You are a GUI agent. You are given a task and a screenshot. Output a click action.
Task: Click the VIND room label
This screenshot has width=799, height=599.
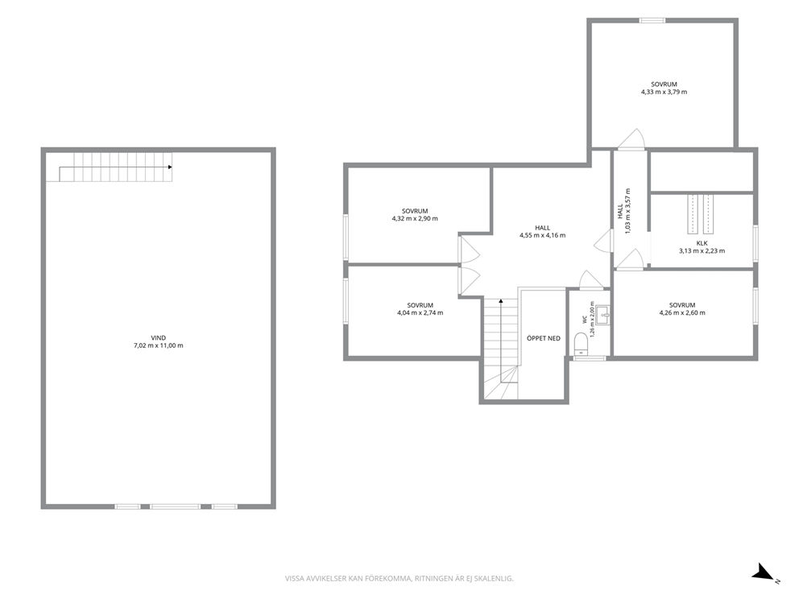pyautogui.click(x=159, y=337)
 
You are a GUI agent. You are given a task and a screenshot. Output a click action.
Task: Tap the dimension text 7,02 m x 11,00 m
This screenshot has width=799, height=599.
pyautogui.click(x=159, y=345)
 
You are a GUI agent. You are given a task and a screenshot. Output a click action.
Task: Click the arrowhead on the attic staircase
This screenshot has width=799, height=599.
pyautogui.click(x=170, y=167)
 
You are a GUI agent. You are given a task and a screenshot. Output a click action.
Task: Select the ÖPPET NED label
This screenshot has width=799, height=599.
pyautogui.click(x=543, y=338)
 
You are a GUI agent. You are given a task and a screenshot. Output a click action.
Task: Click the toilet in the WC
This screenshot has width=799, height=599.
pyautogui.click(x=581, y=343)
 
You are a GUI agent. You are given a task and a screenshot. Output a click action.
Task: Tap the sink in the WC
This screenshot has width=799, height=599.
pyautogui.click(x=602, y=316)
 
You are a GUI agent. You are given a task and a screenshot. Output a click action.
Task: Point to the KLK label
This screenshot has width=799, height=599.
pyautogui.click(x=702, y=243)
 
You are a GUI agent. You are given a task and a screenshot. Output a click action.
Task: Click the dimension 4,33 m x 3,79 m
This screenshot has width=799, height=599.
pyautogui.click(x=664, y=93)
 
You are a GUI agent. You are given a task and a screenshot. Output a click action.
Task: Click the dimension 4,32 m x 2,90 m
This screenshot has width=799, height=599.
pyautogui.click(x=415, y=218)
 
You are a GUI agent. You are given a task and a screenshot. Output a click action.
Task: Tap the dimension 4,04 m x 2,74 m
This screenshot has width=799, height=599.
pyautogui.click(x=420, y=312)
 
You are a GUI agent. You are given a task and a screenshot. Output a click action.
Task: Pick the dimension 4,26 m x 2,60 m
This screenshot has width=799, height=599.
pyautogui.click(x=682, y=312)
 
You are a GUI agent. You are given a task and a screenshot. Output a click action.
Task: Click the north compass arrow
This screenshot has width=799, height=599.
pyautogui.click(x=764, y=572)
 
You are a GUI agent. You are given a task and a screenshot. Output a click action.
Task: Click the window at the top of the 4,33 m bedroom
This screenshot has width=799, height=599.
pyautogui.click(x=652, y=21)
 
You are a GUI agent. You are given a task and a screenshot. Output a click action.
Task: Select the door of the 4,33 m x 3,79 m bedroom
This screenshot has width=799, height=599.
pyautogui.click(x=631, y=138)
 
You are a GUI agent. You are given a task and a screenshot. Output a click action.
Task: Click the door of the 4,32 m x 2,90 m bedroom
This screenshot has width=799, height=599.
pyautogui.click(x=469, y=249)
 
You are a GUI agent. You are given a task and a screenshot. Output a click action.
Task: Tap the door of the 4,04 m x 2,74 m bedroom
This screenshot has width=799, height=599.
pyautogui.click(x=469, y=281)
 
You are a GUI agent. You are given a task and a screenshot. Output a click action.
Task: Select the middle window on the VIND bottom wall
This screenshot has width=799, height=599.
pyautogui.click(x=176, y=506)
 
